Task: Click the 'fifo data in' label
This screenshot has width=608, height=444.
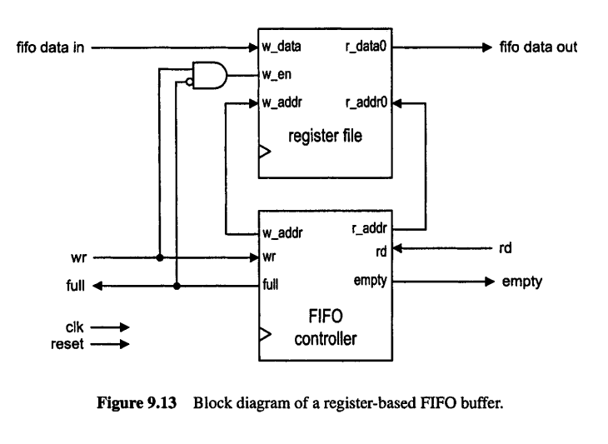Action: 49,47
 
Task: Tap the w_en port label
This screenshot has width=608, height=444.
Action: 276,76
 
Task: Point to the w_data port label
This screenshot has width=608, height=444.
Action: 281,47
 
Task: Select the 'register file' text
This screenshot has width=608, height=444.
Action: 325,136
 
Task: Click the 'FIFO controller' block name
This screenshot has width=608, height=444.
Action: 325,329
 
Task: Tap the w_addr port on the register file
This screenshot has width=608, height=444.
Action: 281,103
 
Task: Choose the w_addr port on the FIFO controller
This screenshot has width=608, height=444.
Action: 281,232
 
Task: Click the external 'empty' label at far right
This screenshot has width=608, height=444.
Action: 522,282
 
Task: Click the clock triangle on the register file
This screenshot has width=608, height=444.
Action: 266,152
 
